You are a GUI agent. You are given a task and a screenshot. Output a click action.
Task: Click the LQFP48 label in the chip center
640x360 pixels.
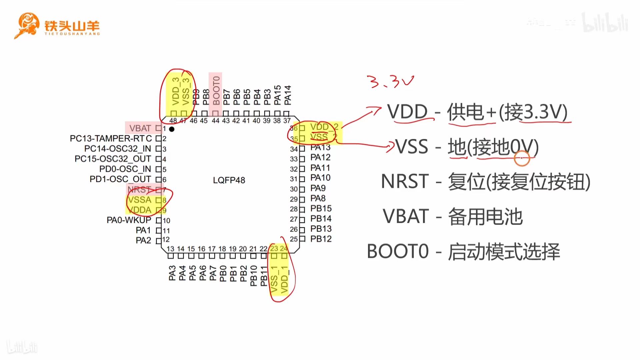pyautogui.click(x=229, y=180)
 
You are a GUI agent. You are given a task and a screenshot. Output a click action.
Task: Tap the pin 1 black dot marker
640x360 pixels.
pyautogui.click(x=172, y=129)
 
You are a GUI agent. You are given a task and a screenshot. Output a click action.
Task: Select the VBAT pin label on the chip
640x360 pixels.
pyautogui.click(x=140, y=128)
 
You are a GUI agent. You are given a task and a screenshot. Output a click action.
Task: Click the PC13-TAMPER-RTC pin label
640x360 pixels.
pyautogui.click(x=111, y=138)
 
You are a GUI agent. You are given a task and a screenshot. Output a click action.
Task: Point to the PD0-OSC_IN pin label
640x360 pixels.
pyautogui.click(x=125, y=169)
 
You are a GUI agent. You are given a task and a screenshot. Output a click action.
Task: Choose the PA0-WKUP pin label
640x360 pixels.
pyautogui.click(x=129, y=220)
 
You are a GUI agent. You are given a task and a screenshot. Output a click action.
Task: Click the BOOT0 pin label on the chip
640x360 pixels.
pyautogui.click(x=216, y=90)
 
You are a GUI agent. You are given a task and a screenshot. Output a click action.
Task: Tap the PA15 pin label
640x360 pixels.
pyautogui.click(x=277, y=95)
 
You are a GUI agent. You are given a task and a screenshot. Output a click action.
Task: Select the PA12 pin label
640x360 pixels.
pyautogui.click(x=320, y=157)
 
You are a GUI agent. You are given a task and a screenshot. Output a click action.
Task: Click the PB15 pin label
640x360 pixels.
pyautogui.click(x=321, y=208)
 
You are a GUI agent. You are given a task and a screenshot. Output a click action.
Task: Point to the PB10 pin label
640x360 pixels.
pyautogui.click(x=253, y=276)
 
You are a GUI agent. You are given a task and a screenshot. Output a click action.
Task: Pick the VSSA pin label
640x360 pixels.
pyautogui.click(x=140, y=200)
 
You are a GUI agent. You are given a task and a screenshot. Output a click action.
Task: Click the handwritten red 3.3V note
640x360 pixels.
pyautogui.click(x=390, y=81)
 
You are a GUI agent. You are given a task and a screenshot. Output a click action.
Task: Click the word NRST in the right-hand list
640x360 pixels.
pyautogui.click(x=405, y=182)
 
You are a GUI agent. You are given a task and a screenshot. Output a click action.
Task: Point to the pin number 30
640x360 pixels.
pyautogui.click(x=294, y=189)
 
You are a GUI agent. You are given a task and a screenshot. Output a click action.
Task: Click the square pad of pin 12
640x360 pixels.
pyautogui.click(x=159, y=240)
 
